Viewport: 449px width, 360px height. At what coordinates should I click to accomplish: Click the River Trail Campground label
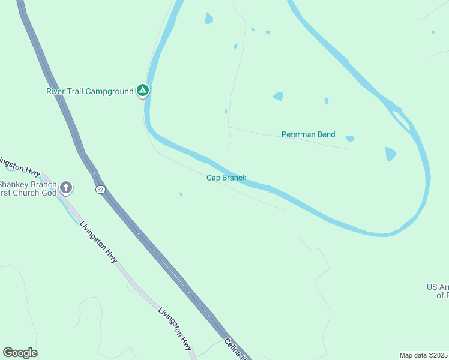[x=90, y=91]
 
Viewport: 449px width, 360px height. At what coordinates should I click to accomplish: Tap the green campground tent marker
[x=143, y=91]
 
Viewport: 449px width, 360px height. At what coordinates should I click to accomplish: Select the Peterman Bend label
[x=309, y=134]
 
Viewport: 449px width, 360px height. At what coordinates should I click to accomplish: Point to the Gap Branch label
[x=226, y=178]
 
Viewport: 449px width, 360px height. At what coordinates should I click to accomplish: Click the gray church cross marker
[x=66, y=188]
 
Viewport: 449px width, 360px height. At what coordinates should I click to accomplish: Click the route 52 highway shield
[x=100, y=190]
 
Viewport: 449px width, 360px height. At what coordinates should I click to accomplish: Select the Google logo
[x=20, y=353]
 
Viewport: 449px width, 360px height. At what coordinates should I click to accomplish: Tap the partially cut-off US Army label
[x=438, y=291]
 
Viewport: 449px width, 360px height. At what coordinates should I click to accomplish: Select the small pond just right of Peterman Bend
[x=350, y=139]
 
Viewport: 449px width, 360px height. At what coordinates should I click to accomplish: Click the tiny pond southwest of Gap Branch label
[x=181, y=194]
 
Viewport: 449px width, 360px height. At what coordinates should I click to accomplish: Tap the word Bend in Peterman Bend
[x=327, y=134]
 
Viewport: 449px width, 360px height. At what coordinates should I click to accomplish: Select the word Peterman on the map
[x=300, y=134]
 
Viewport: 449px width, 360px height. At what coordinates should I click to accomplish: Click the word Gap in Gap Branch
[x=213, y=178]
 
